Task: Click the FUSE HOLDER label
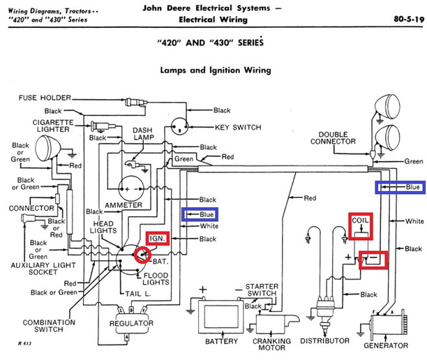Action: tap(45, 98)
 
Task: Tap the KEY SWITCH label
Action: tap(238, 128)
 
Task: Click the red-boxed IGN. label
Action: tap(158, 239)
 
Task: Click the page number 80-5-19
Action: tap(409, 20)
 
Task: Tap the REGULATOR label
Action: tap(131, 323)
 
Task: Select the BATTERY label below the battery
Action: tap(221, 341)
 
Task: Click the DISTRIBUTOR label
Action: tap(324, 341)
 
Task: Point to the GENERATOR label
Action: tap(386, 345)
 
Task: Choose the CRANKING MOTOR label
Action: tap(271, 345)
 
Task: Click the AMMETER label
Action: tap(123, 205)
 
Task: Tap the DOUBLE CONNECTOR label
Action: tap(333, 138)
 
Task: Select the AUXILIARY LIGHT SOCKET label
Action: tap(43, 269)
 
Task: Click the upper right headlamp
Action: tap(388, 107)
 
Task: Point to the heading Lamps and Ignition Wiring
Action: tap(216, 70)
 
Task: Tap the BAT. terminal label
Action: tap(160, 262)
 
